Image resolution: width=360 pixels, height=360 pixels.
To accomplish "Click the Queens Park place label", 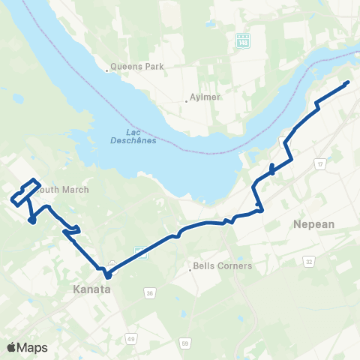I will pos(137,66).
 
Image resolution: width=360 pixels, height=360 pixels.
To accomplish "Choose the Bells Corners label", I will pos(212,265).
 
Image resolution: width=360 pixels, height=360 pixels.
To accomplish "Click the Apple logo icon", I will pos(12,347).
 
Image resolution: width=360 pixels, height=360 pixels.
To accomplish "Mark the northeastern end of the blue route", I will pos(348,82).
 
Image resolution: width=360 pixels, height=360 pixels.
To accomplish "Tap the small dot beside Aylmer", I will pos(186,101).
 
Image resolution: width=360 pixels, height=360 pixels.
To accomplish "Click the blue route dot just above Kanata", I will pos(107,275).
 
